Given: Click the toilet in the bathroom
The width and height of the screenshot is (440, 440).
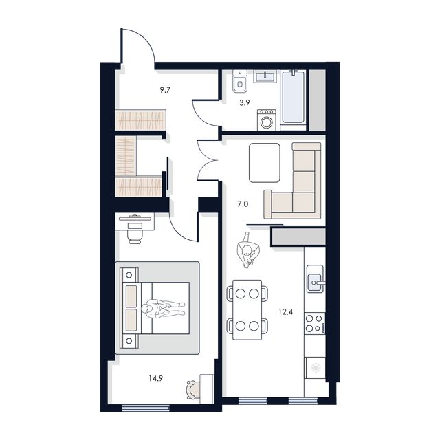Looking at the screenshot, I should (x=239, y=83).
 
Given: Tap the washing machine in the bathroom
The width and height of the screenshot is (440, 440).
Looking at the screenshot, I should (x=266, y=120).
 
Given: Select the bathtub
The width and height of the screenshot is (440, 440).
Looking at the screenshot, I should (x=294, y=100).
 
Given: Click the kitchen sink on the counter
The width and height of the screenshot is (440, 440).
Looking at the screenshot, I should (x=316, y=280).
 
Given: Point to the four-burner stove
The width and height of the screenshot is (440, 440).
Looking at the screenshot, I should (x=315, y=322).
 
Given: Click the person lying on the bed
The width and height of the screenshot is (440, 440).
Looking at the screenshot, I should (x=163, y=309).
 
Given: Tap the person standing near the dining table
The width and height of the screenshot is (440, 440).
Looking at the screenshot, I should (x=248, y=252).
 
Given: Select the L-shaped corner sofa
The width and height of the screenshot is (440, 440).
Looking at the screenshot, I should (x=298, y=183).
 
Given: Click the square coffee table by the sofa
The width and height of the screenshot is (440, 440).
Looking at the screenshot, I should (x=265, y=162).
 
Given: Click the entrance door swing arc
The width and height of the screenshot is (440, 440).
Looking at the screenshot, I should (x=141, y=48).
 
